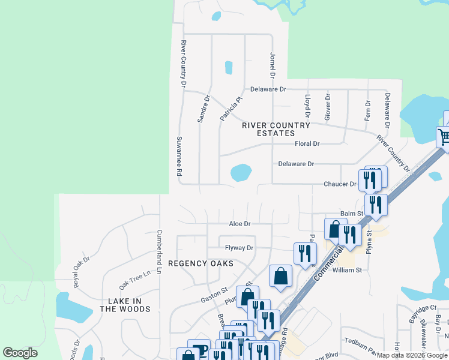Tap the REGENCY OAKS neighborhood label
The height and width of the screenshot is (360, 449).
pyautogui.click(x=200, y=263)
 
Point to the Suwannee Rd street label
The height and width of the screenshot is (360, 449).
pyautogui.click(x=179, y=155)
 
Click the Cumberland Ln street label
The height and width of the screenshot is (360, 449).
pyautogui.click(x=160, y=252)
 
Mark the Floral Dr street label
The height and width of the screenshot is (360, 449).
pyautogui.click(x=307, y=144)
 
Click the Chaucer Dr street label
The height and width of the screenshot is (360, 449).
pyautogui.click(x=340, y=184)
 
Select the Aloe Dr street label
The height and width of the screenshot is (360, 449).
pyautogui.click(x=239, y=224)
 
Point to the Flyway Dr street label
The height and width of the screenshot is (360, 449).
pyautogui.click(x=240, y=248)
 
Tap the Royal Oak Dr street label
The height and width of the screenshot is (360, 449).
pyautogui.click(x=82, y=272)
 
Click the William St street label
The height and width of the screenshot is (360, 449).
pyautogui.click(x=348, y=270)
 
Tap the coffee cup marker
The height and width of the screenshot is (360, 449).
pyautogui.click(x=199, y=350)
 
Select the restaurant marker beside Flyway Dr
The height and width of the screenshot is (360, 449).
pyautogui.click(x=305, y=253)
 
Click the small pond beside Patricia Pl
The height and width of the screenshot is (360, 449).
pyautogui.click(x=228, y=67)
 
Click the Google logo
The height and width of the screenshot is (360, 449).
pyautogui.click(x=20, y=353)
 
